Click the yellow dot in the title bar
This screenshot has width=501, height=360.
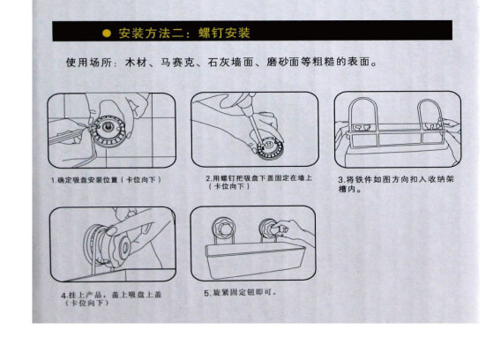point(107,34)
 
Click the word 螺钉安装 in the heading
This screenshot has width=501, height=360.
point(224,33)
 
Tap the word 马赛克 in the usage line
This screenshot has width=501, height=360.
point(177,63)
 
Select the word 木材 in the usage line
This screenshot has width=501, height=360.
point(136,63)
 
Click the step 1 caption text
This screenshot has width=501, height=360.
point(106,180)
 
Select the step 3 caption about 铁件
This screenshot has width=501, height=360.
point(396,184)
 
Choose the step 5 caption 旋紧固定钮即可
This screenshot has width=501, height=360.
point(240,293)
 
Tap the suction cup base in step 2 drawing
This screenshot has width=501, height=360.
point(270,148)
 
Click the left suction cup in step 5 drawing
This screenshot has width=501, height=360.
point(224,227)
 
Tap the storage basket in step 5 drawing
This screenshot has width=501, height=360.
point(254,259)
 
